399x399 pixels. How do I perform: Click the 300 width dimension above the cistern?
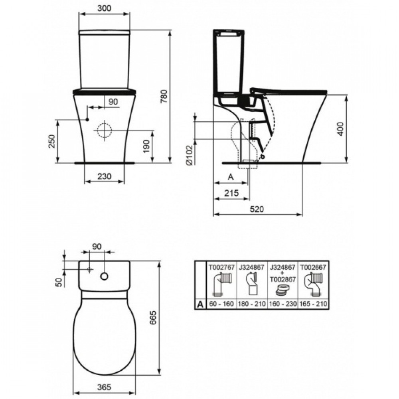105,8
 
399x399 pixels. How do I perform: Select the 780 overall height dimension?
164,96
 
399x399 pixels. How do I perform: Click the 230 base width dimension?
105,176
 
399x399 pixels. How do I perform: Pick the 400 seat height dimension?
340,129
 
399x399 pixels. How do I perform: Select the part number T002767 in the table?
221,266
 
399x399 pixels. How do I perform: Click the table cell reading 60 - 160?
221,304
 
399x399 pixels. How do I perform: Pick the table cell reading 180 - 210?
251,304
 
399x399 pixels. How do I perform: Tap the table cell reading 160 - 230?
282,304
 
